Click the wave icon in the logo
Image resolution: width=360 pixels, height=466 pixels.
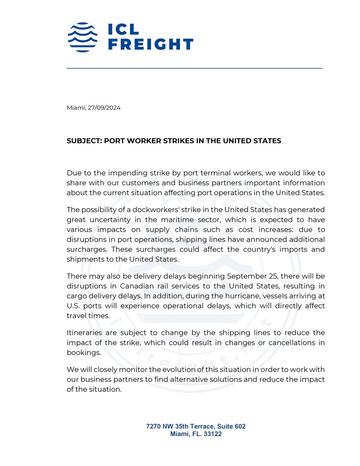(x=82, y=37)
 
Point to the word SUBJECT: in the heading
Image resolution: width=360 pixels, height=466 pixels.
(x=84, y=141)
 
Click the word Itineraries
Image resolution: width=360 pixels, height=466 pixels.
(x=87, y=333)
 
